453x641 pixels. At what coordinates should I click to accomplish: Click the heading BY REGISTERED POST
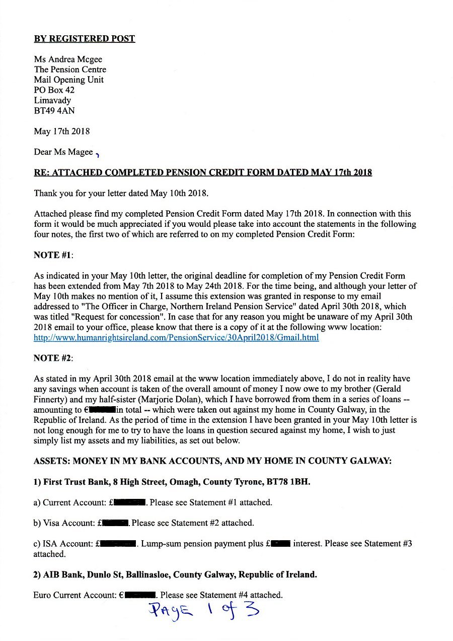[x=85, y=39]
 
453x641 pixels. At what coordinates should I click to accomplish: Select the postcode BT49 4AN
[x=54, y=111]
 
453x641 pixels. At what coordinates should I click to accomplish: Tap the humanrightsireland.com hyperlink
[x=176, y=338]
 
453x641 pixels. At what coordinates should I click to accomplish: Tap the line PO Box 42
[x=54, y=90]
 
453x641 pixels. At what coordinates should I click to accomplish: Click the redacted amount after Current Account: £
[x=130, y=502]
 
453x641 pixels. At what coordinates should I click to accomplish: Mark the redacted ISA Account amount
[x=118, y=544]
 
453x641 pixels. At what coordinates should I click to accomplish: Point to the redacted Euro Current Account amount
[x=140, y=595]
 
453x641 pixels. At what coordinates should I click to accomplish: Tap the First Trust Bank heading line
[x=172, y=482]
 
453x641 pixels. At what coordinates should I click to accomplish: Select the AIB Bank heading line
[x=175, y=574]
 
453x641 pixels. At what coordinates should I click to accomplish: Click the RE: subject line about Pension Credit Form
[x=203, y=172]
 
